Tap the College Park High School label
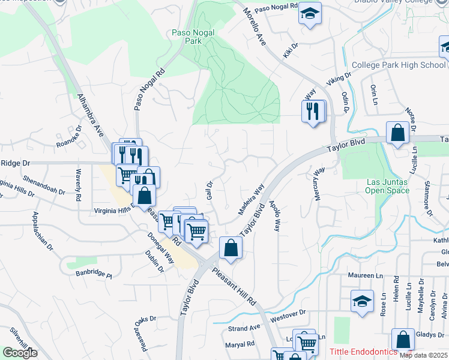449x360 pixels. pyautogui.click(x=398, y=65)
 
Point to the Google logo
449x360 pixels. pyautogui.click(x=20, y=353)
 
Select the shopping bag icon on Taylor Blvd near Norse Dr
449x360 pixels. pyautogui.click(x=397, y=133)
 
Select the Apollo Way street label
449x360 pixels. pyautogui.click(x=275, y=216)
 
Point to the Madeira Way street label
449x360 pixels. pyautogui.click(x=252, y=200)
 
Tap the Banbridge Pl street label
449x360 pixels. pyautogui.click(x=94, y=275)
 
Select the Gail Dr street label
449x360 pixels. pyautogui.click(x=210, y=191)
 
